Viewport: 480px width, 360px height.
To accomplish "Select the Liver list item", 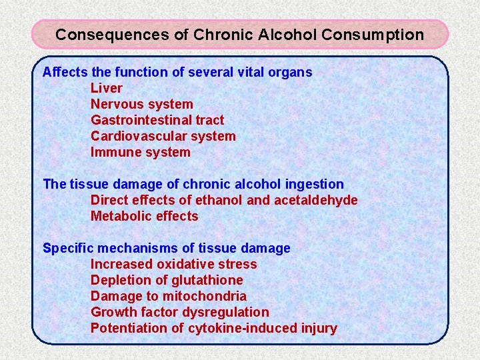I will click(x=107, y=88).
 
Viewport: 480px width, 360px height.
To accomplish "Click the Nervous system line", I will click(x=142, y=104).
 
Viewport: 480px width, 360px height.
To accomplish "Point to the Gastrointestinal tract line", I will click(x=157, y=120).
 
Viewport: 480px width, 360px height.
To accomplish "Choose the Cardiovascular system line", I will click(x=163, y=136).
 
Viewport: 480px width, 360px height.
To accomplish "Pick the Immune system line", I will click(x=141, y=152).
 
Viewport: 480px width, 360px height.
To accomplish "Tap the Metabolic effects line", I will click(x=145, y=216).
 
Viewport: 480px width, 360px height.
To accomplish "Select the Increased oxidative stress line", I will click(x=173, y=264).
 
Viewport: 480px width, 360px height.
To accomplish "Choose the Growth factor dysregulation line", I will click(x=180, y=312).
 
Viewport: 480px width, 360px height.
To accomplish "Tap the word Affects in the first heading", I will click(x=63, y=72).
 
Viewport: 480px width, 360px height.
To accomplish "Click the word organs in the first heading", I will click(x=291, y=72).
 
